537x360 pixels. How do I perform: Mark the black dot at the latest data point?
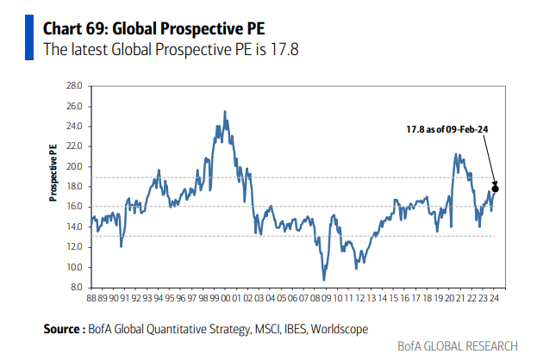point(495,188)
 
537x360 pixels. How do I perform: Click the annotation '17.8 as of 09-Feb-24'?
point(447,128)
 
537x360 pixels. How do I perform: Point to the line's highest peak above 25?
point(225,111)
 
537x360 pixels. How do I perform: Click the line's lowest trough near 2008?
point(324,279)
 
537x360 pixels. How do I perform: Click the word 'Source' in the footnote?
point(62,328)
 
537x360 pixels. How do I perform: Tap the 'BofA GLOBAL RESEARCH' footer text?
point(458,346)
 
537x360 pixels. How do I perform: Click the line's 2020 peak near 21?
point(456,154)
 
